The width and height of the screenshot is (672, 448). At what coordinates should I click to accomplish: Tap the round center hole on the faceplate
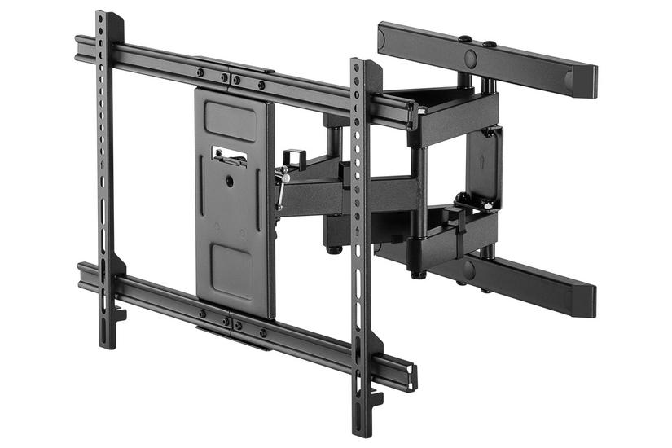[x=230, y=181]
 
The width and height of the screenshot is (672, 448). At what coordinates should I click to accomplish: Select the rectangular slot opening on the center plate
[x=229, y=154]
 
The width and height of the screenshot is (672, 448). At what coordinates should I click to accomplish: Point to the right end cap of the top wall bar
[x=588, y=81]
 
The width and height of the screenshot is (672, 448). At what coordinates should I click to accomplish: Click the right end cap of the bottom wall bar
[x=587, y=301]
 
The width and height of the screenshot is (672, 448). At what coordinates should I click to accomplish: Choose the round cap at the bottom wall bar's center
[x=468, y=270]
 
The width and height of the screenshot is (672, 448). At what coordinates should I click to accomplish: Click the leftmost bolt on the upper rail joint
[x=200, y=72]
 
